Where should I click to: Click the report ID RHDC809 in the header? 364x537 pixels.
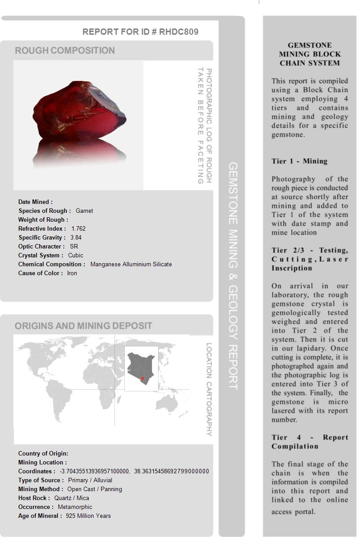[x=179, y=32]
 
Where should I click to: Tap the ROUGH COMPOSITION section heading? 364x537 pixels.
[x=65, y=51]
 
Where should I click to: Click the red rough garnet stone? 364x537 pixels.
[x=80, y=111]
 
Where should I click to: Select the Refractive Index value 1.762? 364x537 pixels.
[x=78, y=228]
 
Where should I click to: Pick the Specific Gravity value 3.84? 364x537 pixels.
[x=76, y=237]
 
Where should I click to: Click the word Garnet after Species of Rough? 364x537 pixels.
[x=84, y=211]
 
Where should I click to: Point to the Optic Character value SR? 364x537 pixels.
[x=74, y=246]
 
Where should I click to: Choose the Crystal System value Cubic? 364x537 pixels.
[x=76, y=255]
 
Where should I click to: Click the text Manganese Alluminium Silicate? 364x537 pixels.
[x=131, y=264]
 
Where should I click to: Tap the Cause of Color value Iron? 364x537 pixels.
[x=72, y=273]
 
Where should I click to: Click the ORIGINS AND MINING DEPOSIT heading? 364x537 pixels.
[x=83, y=326]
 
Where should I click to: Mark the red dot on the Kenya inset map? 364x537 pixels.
[x=143, y=378]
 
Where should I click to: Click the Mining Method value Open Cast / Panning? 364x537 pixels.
[x=94, y=489]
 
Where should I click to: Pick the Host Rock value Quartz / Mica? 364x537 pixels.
[x=72, y=498]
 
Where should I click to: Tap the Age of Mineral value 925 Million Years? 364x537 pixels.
[x=88, y=516]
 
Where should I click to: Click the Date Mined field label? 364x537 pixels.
[x=35, y=202]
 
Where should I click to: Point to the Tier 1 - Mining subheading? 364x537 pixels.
[x=299, y=161]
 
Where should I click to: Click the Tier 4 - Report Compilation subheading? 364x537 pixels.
[x=310, y=442]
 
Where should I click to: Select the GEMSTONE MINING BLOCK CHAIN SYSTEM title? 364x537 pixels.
[x=310, y=54]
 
